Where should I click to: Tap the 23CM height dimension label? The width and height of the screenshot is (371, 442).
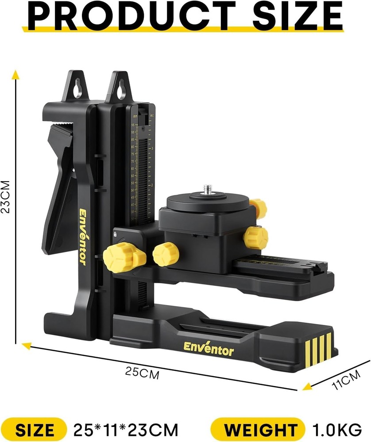[6, 196]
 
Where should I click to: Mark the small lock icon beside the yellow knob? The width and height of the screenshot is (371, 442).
[115, 234]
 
